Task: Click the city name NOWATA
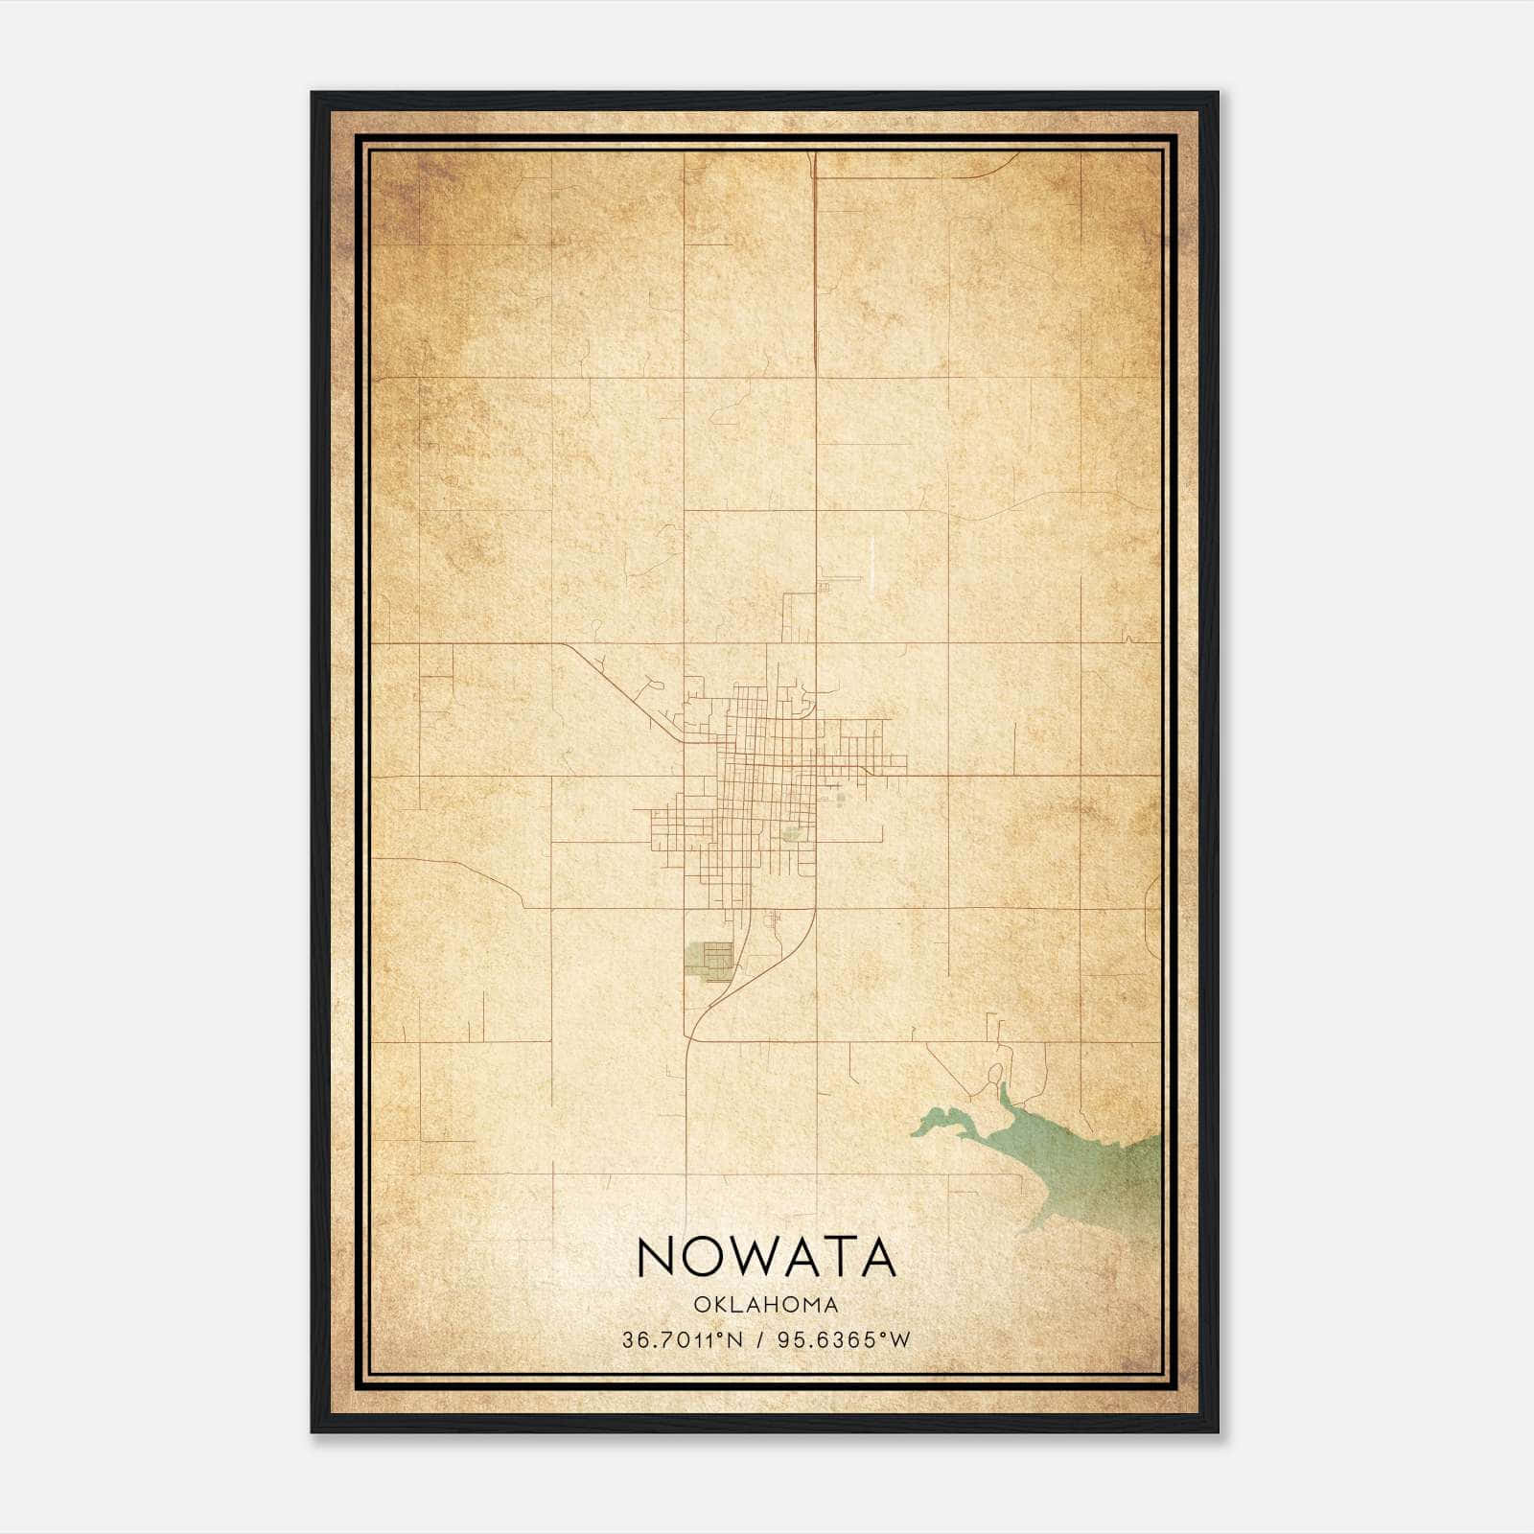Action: click(766, 1257)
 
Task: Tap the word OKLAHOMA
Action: click(766, 1305)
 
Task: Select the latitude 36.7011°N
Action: click(683, 1340)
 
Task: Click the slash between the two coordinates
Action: click(760, 1340)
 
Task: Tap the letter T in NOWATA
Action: click(835, 1257)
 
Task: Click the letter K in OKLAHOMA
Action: click(714, 1305)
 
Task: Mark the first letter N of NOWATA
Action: click(656, 1257)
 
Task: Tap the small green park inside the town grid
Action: click(792, 833)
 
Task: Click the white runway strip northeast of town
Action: click(872, 562)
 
